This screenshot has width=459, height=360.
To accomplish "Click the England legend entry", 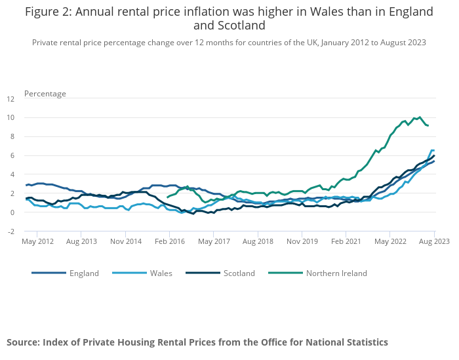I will [84, 273].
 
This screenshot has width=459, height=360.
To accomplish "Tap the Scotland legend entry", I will [239, 273].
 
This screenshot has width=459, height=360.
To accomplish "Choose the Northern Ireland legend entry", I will [336, 273].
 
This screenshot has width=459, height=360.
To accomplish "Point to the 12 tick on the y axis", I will [10, 100].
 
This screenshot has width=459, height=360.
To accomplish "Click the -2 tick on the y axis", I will [10, 231].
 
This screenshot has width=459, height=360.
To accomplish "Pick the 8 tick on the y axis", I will [11, 137].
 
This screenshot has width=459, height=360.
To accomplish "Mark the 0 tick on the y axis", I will [11, 212].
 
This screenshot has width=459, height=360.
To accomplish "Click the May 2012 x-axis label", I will [37, 241].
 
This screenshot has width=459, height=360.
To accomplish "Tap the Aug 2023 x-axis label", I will [434, 241].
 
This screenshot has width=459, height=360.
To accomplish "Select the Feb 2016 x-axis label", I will [170, 241].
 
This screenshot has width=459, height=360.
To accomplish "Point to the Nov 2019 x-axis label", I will [302, 241].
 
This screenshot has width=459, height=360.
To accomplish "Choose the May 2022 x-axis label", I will [390, 241].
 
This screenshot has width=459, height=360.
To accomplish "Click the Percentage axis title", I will [45, 94].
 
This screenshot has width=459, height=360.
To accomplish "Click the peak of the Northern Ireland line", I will [420, 117].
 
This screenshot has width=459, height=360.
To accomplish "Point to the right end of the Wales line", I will [433, 150].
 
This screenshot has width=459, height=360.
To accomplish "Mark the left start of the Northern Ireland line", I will [168, 197].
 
